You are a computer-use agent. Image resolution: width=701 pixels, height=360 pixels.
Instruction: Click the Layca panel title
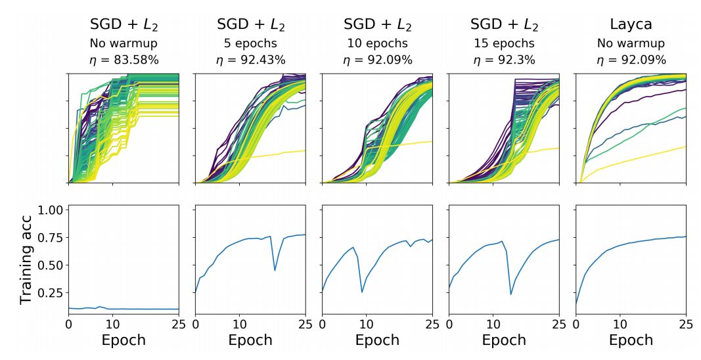631,25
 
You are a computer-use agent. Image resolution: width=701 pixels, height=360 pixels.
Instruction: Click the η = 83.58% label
124,60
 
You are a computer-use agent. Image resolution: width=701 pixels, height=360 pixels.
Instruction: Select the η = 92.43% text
250,60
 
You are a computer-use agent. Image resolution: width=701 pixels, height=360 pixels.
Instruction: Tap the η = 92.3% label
504,60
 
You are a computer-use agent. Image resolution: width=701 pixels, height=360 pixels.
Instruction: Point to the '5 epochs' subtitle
250,44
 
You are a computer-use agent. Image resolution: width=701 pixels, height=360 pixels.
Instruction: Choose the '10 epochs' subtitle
377,44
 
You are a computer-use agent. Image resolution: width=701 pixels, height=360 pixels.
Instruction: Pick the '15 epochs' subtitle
504,44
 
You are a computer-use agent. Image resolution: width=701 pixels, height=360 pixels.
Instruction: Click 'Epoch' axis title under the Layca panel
631,340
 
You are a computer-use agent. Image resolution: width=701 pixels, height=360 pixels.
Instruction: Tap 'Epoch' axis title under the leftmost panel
124,340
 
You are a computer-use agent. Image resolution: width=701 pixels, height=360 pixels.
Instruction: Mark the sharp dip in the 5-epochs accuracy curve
275,270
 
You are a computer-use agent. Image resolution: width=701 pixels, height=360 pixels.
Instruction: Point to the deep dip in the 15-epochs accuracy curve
511,294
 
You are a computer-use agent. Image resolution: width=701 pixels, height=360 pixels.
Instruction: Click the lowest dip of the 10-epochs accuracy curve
362,292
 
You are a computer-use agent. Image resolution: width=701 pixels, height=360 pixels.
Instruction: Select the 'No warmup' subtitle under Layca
631,44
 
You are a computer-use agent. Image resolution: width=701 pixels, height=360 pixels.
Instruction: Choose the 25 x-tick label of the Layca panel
685,324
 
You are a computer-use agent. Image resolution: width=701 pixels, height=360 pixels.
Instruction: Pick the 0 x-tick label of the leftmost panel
68,324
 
